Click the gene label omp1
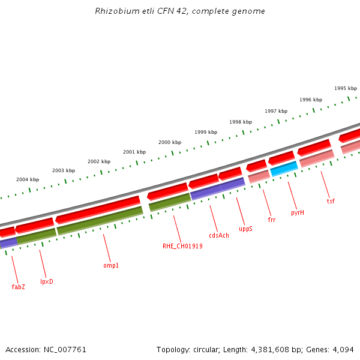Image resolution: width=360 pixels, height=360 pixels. pos(111,265)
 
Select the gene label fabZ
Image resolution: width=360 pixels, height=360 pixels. pos(18,287)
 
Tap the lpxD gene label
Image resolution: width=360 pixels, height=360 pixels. pos(46,281)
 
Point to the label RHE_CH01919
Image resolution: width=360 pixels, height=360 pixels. pos(182,246)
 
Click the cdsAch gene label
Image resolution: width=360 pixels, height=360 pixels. pos(219,235)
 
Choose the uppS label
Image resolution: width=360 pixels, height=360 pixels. pos(245,229)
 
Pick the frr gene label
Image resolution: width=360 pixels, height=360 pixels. pos(272,220)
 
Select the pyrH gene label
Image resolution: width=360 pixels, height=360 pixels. pos(298,212)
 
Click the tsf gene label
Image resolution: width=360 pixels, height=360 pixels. pos(331,201)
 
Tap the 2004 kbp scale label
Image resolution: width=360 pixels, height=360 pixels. pos(28,179)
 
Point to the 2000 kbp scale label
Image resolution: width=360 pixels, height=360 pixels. pos(170,142)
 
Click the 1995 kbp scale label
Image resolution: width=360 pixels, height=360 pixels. pos(346,88)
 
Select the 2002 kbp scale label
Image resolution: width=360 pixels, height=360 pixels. pos(99,161)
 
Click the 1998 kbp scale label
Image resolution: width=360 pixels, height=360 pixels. pos(241,122)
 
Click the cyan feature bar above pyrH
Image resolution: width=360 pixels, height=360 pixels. pos(284,169)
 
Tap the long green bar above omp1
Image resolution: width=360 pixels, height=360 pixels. pos(100,220)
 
